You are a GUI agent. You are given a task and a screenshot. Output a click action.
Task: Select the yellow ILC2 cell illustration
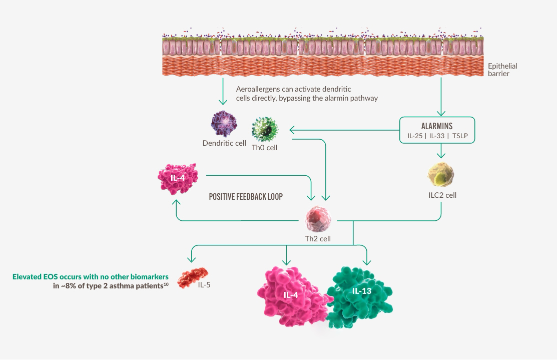pyautogui.click(x=441, y=175)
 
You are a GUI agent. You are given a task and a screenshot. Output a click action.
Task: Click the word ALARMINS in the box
pyautogui.click(x=437, y=126)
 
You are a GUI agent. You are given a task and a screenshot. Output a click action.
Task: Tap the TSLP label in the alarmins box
pyautogui.click(x=463, y=136)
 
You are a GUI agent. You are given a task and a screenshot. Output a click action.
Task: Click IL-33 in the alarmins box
pyautogui.click(x=437, y=136)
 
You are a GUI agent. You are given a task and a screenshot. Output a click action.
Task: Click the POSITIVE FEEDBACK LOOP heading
pyautogui.click(x=246, y=197)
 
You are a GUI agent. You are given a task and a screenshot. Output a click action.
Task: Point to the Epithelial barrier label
pyautogui.click(x=502, y=70)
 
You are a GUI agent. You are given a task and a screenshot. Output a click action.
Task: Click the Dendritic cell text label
pyautogui.click(x=224, y=143)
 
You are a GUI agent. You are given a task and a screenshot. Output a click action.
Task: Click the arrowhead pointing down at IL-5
pyautogui.click(x=190, y=259)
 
